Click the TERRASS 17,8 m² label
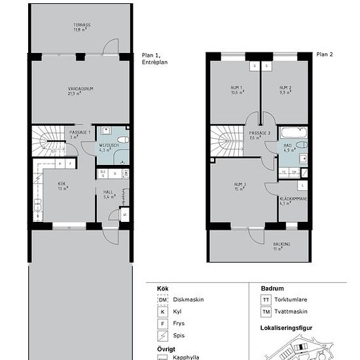[82, 27]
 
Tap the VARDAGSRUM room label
[81, 90]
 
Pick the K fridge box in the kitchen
[60, 164]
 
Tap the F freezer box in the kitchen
[69, 164]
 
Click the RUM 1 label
[236, 90]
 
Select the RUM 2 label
[285, 90]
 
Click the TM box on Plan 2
[295, 172]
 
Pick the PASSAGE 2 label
[260, 135]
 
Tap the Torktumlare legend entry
[293, 299]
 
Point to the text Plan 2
[324, 55]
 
